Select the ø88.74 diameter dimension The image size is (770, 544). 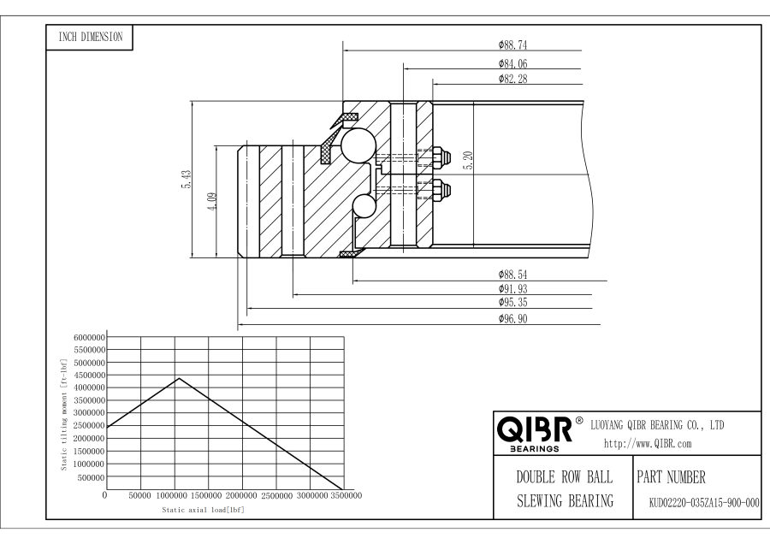[x=515, y=45]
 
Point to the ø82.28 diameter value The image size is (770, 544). [x=515, y=79]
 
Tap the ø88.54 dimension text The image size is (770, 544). [x=515, y=275]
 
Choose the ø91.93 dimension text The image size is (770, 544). [x=515, y=289]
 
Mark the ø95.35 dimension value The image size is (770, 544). [x=515, y=304]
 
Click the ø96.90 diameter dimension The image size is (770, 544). [x=515, y=319]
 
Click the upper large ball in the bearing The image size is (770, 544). [x=357, y=144]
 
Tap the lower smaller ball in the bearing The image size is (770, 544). [x=364, y=207]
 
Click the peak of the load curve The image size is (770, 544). [x=179, y=378]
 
